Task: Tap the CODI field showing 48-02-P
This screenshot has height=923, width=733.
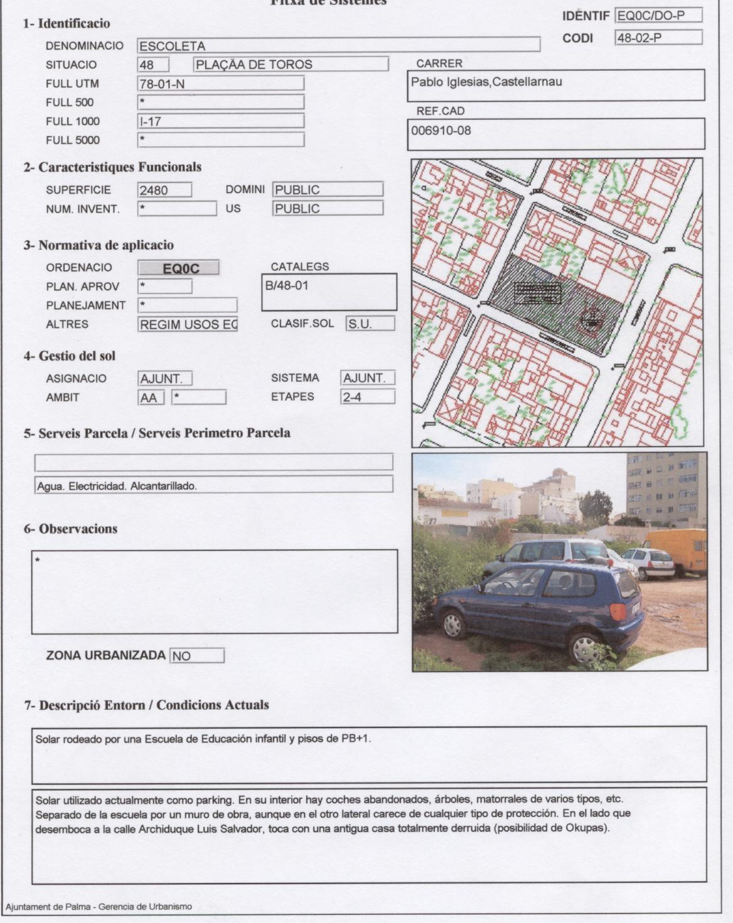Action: tap(658, 38)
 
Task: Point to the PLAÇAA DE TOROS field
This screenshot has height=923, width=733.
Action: tap(291, 65)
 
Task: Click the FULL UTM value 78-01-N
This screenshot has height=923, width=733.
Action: tap(221, 83)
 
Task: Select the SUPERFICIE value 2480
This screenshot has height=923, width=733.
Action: tap(164, 190)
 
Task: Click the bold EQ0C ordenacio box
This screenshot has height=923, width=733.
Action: tap(179, 268)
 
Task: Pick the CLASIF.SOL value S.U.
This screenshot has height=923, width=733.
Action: tap(370, 324)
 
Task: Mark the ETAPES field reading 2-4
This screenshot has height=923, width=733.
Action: tap(368, 397)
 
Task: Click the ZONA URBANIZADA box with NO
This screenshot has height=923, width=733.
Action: tap(196, 656)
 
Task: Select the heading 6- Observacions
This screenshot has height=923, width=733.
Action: tap(70, 529)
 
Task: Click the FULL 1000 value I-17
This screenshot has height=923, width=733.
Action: tap(221, 121)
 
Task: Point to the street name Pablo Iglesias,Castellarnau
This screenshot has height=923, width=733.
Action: tap(486, 82)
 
